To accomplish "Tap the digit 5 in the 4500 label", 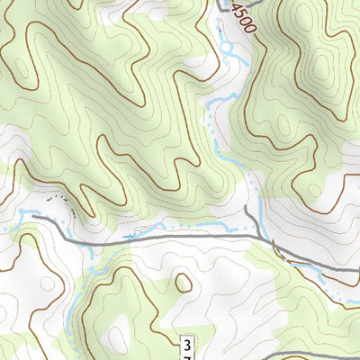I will [241, 14].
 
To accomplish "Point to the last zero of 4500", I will [249, 29].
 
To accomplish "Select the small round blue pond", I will [226, 48].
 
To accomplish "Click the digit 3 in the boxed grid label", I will [186, 345].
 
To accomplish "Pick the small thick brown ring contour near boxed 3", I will [184, 283].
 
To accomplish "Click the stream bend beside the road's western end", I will [22, 216].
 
